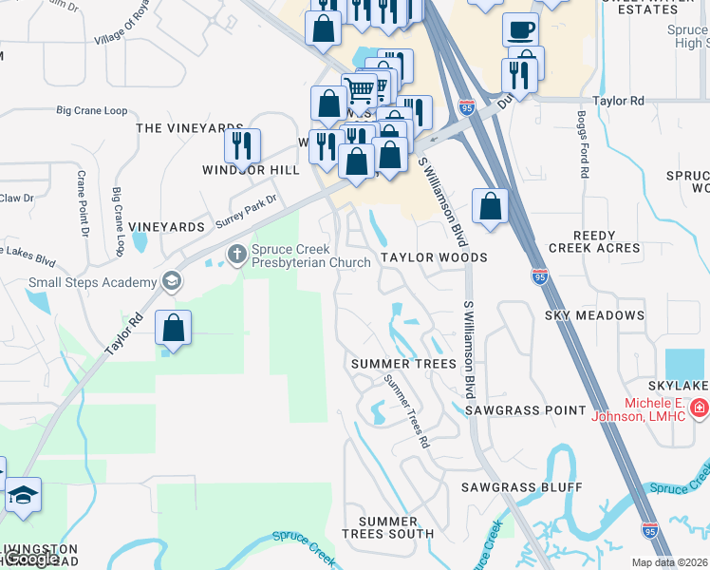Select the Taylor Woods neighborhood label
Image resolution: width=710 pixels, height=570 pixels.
pos(434,257)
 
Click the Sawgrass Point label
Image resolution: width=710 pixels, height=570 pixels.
pos(525,409)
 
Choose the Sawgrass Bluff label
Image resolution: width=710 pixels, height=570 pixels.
pos(522,487)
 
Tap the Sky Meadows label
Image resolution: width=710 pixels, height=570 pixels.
pos(594,314)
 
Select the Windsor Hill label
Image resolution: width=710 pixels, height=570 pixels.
pos(251,170)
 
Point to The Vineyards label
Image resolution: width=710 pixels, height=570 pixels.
pos(190,127)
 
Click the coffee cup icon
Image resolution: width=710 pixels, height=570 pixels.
pos(519,29)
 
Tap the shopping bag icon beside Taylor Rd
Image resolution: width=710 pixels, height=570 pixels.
pos(174,328)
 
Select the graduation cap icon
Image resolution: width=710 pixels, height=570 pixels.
pos(23,495)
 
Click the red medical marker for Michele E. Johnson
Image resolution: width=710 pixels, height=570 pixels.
pos(700,408)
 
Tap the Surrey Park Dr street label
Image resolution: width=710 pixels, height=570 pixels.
pos(245,212)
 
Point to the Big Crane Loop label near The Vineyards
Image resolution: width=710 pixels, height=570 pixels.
pos(92,111)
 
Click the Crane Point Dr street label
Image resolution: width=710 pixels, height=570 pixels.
pos(83,203)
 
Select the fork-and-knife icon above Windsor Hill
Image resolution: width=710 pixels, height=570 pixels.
pos(242,145)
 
